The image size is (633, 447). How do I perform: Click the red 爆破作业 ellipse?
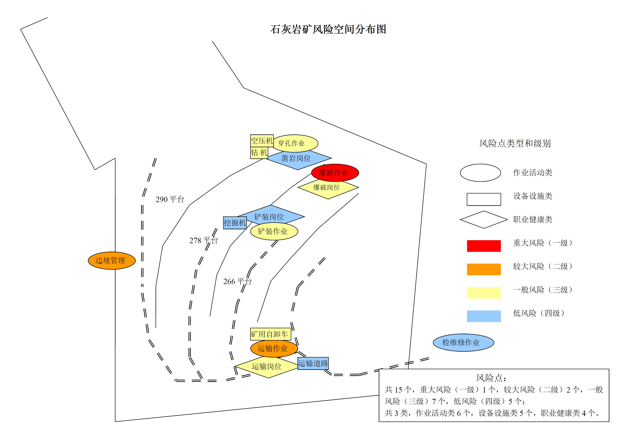point(335,173)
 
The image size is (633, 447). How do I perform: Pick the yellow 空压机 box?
point(262,141)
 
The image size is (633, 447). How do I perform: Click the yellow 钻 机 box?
point(259,153)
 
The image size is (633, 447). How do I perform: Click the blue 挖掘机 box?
point(235,223)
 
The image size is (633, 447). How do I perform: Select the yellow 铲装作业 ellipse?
point(274,231)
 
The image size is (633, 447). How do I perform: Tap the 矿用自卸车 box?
point(270,334)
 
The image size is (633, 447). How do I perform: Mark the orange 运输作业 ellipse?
point(274,348)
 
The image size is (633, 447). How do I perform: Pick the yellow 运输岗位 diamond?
point(266,367)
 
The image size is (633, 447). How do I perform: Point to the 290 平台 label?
point(170,199)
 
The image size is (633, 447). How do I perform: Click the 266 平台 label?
point(237,282)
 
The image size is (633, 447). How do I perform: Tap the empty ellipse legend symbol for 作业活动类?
point(480,173)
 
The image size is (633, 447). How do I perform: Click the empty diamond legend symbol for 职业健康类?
point(484,220)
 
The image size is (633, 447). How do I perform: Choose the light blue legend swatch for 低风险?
point(484,316)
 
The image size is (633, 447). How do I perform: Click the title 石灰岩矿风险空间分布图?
point(328,29)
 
